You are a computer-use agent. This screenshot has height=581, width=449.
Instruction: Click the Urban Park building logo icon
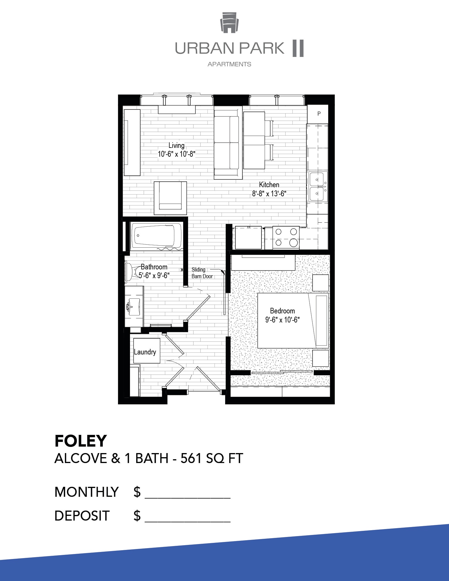tap(229, 23)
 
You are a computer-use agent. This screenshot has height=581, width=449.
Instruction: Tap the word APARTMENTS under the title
tap(229, 64)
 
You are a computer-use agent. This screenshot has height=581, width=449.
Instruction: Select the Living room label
tap(176, 146)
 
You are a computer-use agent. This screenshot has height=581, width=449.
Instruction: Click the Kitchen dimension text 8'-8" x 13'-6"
tap(269, 194)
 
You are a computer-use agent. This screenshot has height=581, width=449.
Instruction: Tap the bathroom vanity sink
tap(134, 307)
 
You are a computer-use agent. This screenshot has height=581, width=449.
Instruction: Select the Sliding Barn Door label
tap(202, 273)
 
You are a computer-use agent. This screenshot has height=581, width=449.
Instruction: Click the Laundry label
tap(145, 352)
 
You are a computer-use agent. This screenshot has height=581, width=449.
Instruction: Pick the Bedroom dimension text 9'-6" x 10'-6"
tap(282, 320)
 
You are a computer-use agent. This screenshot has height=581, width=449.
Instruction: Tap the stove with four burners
tap(286, 238)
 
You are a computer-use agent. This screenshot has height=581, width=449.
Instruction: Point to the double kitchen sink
tap(317, 187)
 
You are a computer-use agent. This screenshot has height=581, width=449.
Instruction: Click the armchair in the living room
tap(171, 198)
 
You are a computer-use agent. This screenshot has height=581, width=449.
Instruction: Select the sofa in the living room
tap(228, 143)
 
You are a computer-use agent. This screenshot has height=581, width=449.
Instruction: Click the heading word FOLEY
tap(81, 441)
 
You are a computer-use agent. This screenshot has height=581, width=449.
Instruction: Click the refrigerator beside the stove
tap(248, 238)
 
